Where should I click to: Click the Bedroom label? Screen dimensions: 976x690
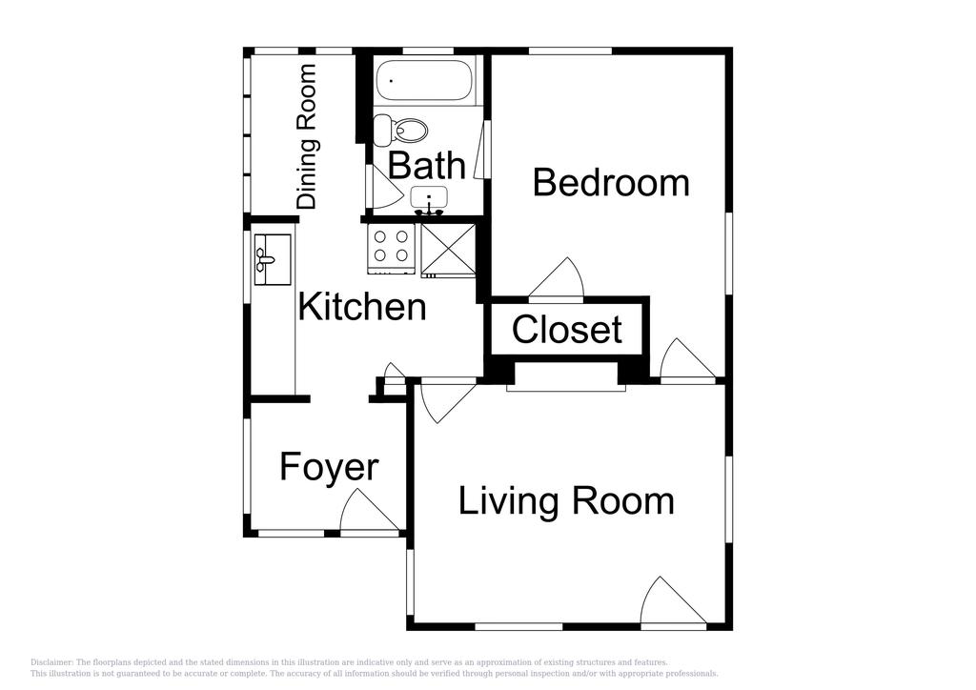611,183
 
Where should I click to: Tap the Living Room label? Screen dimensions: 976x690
566,501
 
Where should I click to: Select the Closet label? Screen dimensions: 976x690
566,329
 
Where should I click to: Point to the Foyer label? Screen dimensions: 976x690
329,468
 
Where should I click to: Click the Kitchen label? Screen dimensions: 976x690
362,306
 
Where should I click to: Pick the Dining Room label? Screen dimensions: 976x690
306,136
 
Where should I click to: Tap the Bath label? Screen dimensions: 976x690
426,166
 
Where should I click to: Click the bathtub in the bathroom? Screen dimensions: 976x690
424,80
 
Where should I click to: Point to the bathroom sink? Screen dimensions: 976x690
429,199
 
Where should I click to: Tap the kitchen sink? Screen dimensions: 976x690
272,259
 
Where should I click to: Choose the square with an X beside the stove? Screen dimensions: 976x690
448,250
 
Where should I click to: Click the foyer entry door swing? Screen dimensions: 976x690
370,510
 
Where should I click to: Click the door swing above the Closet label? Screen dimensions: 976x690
556,277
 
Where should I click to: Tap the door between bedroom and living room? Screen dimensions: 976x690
687,358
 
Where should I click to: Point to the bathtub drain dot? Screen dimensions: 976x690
391,80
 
